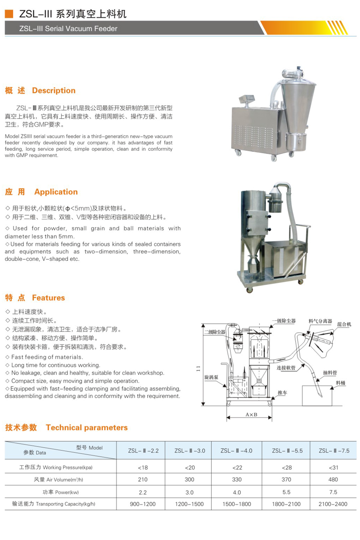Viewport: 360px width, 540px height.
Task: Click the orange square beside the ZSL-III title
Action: [x=9, y=14]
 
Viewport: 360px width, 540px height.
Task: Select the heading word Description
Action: [x=54, y=91]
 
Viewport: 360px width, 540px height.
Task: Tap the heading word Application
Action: [x=56, y=192]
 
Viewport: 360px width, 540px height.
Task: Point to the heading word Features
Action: [x=48, y=298]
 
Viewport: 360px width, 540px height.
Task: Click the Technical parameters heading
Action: [x=87, y=428]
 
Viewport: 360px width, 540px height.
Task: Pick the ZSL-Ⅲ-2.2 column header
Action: [x=143, y=451]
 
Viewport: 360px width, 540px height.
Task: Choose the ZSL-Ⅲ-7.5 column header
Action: [x=334, y=451]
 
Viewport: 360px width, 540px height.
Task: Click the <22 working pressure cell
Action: [x=237, y=468]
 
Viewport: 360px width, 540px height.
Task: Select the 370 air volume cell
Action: [x=286, y=480]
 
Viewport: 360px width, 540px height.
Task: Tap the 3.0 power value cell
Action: [x=190, y=492]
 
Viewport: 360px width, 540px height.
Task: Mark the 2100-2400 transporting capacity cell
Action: [x=333, y=504]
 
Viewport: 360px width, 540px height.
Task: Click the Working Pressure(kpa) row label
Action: [x=56, y=468]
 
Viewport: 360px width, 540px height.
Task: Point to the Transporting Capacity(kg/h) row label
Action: [x=54, y=504]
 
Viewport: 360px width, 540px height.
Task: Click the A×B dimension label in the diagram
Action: [x=251, y=415]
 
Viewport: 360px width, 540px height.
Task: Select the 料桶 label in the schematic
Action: [x=340, y=383]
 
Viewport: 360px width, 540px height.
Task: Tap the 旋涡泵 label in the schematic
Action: [x=211, y=377]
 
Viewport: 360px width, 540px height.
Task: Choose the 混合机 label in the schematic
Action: [x=344, y=324]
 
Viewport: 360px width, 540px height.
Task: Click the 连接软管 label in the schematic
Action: [x=286, y=368]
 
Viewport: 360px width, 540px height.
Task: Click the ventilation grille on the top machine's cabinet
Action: [x=254, y=136]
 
